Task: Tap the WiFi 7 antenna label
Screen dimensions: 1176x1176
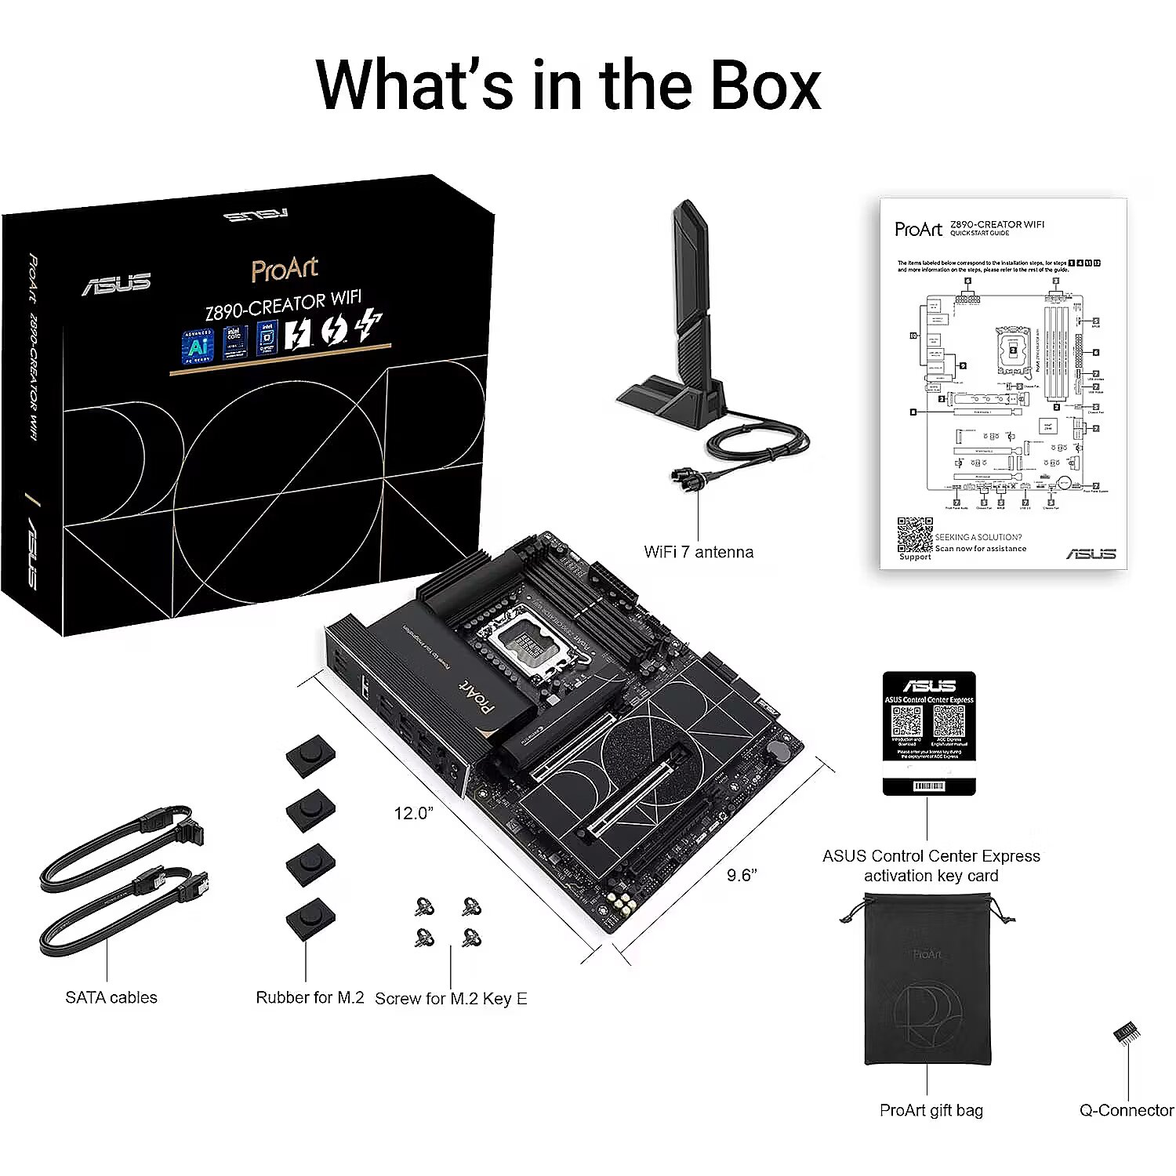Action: pyautogui.click(x=698, y=552)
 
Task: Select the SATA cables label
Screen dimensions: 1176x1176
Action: pyautogui.click(x=111, y=997)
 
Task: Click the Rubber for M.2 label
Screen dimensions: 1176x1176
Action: pyautogui.click(x=310, y=997)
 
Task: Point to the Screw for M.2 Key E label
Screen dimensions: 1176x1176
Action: pyautogui.click(x=451, y=998)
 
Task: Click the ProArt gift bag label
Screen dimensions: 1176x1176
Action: pyautogui.click(x=931, y=1110)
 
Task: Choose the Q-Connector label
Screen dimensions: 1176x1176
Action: pyautogui.click(x=1127, y=1110)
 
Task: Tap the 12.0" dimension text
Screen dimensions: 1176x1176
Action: pyautogui.click(x=413, y=813)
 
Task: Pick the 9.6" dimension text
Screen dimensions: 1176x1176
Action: pyautogui.click(x=741, y=875)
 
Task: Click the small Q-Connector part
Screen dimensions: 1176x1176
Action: pyautogui.click(x=1127, y=1032)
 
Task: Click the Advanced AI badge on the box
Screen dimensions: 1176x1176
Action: pyautogui.click(x=197, y=345)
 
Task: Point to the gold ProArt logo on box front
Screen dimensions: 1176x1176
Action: pyautogui.click(x=285, y=269)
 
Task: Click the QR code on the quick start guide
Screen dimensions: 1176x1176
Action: pyautogui.click(x=915, y=535)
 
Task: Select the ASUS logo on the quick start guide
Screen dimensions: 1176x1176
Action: pyautogui.click(x=1091, y=553)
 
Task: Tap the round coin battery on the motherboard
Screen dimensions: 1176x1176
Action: pyautogui.click(x=779, y=750)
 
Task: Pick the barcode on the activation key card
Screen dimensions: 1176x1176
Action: pyautogui.click(x=929, y=786)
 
